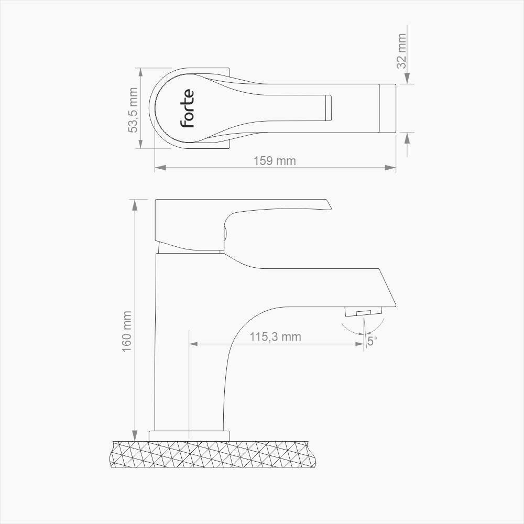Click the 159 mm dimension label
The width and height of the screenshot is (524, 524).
point(275,160)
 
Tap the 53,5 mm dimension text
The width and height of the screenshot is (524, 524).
point(134,110)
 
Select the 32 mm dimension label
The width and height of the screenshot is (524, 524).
point(402,51)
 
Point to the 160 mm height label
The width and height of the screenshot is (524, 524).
point(127,331)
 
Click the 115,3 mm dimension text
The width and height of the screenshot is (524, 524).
point(275,336)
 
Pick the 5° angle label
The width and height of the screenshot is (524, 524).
point(372,341)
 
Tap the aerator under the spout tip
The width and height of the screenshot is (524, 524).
point(363,312)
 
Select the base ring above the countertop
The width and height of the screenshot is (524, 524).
point(190,435)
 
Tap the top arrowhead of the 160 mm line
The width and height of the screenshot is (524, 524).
point(136,204)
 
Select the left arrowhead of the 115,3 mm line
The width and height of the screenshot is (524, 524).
point(193,344)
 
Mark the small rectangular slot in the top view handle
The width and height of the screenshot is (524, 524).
point(329,108)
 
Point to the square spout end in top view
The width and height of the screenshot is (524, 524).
point(388,108)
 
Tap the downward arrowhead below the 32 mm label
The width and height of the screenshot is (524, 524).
point(407,79)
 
